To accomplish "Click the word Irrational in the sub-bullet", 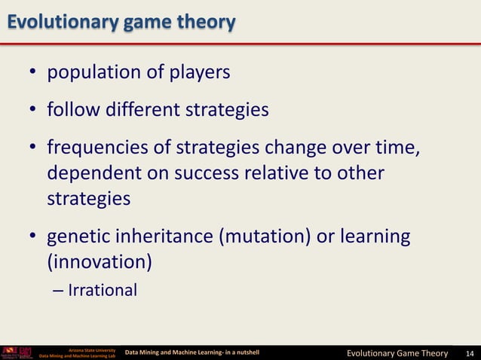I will coord(103,290).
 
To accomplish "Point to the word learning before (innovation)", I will coord(373,237).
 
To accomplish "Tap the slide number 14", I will coord(470,352).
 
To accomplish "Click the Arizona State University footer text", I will coord(91,349).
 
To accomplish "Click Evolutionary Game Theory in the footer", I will coord(397,352).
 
